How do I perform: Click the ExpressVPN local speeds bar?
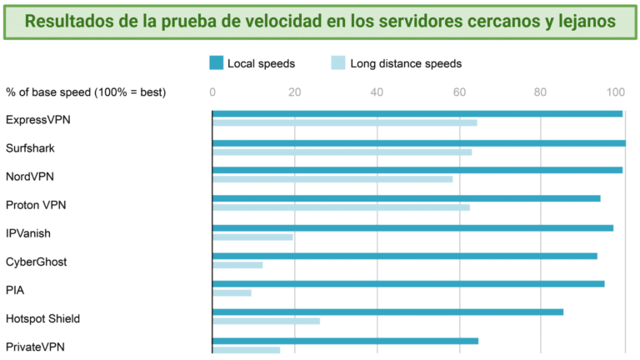click(417, 113)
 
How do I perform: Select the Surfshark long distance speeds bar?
click(342, 152)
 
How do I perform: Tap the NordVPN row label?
click(30, 177)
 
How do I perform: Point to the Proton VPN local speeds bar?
click(406, 198)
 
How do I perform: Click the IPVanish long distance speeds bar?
click(252, 237)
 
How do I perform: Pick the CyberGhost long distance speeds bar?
click(237, 265)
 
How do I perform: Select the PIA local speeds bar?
click(408, 283)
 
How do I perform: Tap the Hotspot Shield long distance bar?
click(266, 321)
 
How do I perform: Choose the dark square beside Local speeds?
click(216, 62)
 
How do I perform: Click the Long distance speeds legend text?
click(406, 63)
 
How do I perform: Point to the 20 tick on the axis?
click(294, 92)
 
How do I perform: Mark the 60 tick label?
click(458, 92)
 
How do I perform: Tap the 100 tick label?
click(617, 92)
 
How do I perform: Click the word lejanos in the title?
click(586, 21)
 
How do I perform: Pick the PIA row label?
click(15, 290)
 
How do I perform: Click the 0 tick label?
click(212, 92)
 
